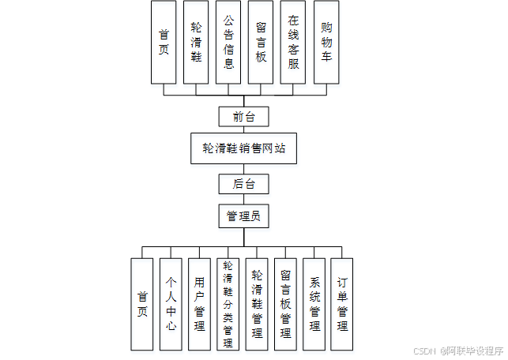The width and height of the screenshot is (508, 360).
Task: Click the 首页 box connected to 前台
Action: (164, 42)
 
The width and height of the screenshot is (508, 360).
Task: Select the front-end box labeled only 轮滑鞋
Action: (196, 42)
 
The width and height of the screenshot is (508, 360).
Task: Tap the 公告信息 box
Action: (228, 42)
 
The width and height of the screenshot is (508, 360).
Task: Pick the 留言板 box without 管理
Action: (261, 42)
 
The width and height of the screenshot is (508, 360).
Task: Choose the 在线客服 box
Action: (293, 42)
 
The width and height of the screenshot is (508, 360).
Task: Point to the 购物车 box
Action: (325, 42)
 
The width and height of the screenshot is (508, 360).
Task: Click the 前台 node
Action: (244, 117)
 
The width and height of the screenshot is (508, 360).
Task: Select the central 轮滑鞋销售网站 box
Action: (243, 148)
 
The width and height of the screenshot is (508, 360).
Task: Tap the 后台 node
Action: (244, 185)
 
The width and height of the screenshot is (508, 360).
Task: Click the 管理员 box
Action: (244, 215)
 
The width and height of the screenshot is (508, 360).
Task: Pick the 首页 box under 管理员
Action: (142, 304)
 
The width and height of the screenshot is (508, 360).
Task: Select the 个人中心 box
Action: (171, 304)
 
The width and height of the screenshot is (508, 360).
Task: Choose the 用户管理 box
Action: (199, 304)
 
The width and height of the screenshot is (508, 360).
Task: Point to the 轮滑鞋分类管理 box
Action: (228, 304)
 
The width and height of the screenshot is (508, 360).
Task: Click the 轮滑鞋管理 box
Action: (257, 304)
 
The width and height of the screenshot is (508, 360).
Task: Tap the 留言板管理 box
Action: (285, 304)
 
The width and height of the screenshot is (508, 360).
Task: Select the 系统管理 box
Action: (314, 304)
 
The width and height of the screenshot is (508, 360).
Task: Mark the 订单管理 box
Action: (342, 304)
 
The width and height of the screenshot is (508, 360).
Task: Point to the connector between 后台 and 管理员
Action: (244, 199)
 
